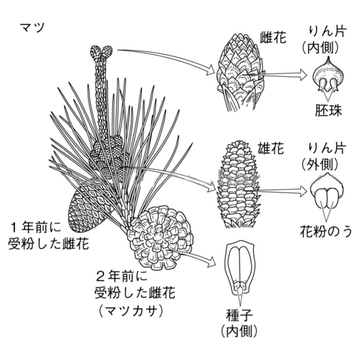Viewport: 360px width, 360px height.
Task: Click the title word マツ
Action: [32, 27]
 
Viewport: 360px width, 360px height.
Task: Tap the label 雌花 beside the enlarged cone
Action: [274, 37]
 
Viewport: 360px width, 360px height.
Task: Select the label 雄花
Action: [271, 148]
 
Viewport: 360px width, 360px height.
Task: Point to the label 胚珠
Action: [328, 110]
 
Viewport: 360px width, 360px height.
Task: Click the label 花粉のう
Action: [326, 232]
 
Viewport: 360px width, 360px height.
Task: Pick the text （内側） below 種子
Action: [239, 331]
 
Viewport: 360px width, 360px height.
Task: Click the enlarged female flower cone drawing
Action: [240, 72]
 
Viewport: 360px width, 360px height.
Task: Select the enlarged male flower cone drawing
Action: [238, 184]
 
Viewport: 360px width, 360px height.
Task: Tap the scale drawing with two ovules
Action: [328, 75]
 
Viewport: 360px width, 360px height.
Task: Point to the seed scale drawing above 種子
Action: [240, 269]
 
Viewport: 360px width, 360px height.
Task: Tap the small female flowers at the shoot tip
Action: [102, 53]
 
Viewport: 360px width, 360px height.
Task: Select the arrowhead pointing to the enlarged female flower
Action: [210, 70]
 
